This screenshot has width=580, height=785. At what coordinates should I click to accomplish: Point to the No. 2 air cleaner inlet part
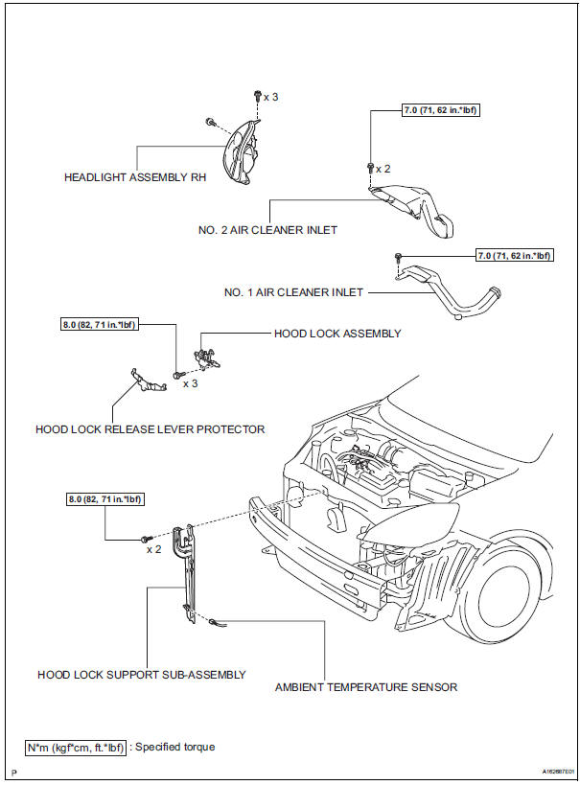point(417,211)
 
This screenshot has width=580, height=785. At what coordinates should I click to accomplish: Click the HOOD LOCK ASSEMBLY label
point(337,334)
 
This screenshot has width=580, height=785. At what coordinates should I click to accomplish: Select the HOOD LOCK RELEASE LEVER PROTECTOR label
point(150,428)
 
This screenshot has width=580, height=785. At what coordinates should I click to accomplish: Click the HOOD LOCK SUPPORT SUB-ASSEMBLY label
point(142,674)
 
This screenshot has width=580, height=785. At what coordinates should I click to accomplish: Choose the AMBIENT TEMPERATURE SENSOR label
point(366,686)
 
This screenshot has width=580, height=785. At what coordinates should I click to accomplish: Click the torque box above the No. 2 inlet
point(441,111)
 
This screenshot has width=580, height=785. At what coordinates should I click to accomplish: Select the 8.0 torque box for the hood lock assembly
point(100,324)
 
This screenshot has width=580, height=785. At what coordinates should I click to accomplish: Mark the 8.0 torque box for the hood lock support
point(105,498)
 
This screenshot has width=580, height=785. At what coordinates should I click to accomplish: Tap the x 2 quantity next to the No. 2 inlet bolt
point(383,168)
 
